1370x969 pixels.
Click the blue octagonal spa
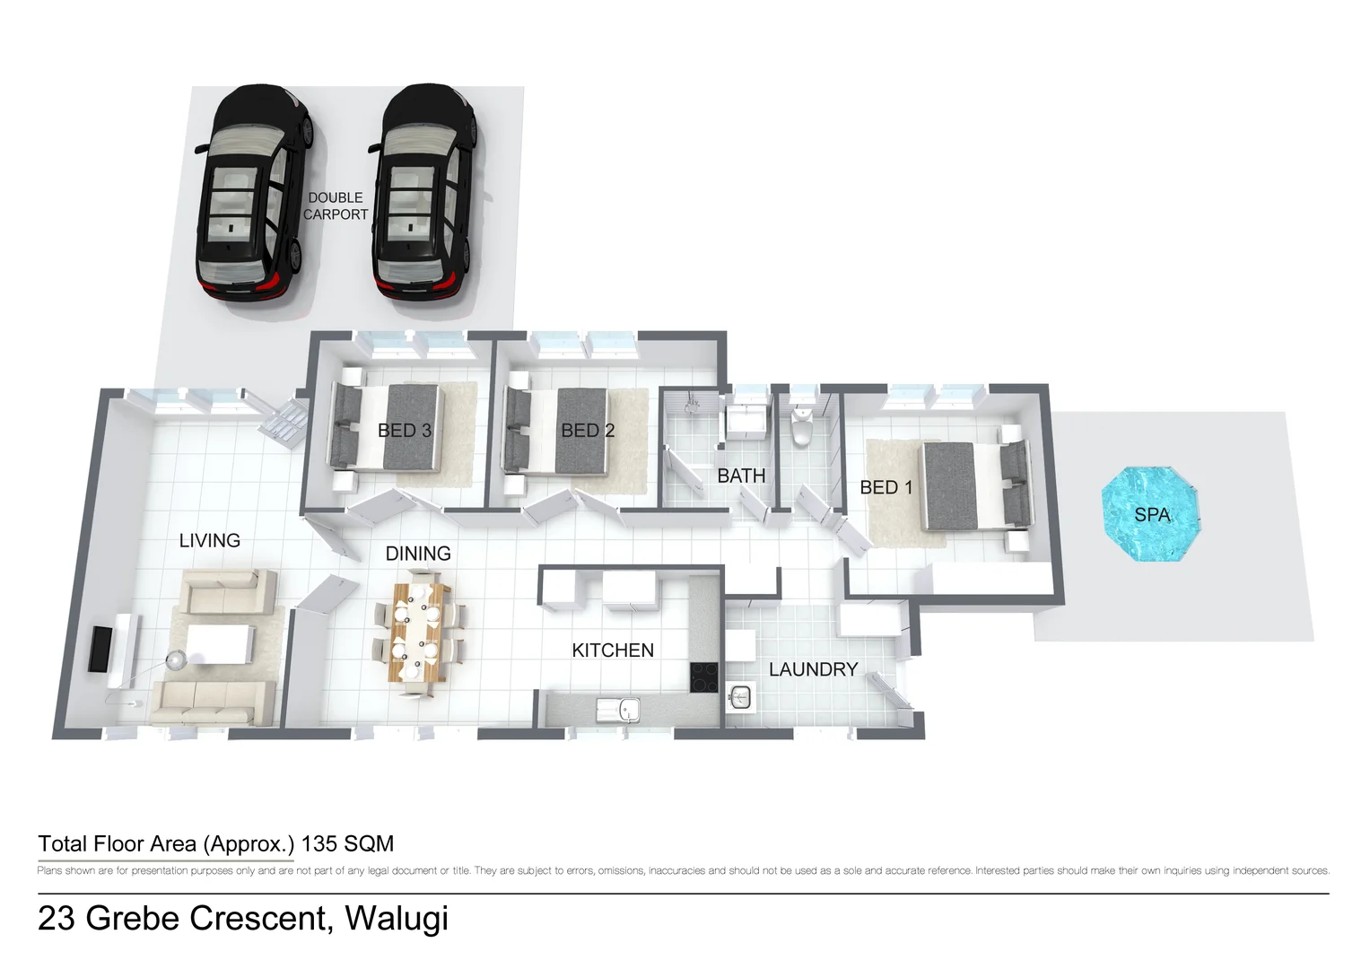click(x=1150, y=514)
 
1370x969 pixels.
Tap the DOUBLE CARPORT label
click(x=336, y=206)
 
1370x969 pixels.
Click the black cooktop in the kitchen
click(x=703, y=677)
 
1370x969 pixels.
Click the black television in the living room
click(x=100, y=649)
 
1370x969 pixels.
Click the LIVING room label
click(x=210, y=541)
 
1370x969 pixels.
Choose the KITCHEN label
click(x=613, y=650)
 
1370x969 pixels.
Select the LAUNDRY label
click(x=813, y=669)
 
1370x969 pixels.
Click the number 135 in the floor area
click(x=319, y=844)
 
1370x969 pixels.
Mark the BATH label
click(x=741, y=476)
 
